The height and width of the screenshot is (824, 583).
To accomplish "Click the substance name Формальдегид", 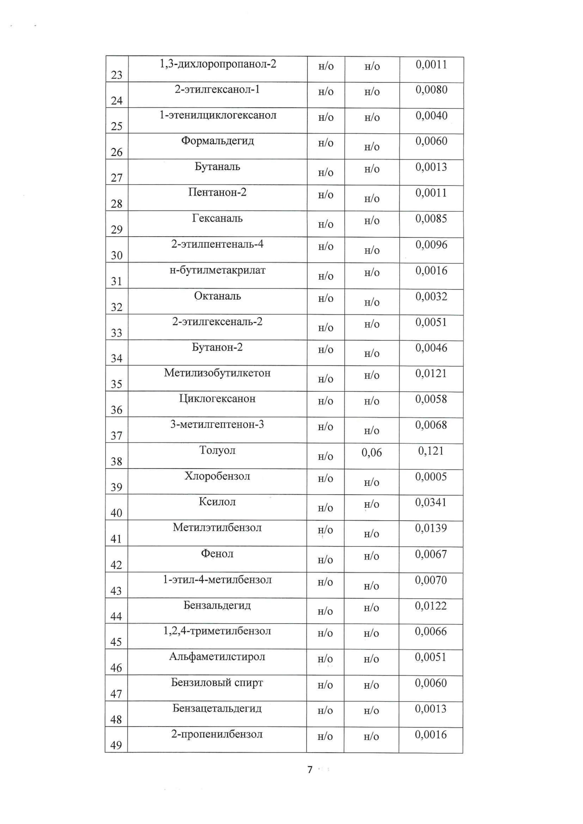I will tap(217, 141).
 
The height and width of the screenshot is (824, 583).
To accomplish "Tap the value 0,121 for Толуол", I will tap(431, 451).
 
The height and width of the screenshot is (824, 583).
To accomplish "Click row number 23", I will tap(117, 75).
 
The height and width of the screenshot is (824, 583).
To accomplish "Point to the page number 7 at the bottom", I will tap(310, 769).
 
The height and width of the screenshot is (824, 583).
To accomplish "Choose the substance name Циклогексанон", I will tap(217, 399).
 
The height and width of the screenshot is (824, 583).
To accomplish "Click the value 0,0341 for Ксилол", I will tap(431, 502).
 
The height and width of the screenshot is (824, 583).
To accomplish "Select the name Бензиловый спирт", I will tap(217, 682).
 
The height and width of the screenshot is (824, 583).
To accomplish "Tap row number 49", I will tap(116, 745).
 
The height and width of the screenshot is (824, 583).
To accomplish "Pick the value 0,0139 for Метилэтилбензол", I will tap(431, 528).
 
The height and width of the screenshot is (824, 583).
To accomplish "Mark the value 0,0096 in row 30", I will tap(431, 245).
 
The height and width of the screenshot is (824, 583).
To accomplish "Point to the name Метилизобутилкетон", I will tap(217, 373).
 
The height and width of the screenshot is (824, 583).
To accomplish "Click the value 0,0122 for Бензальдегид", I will tap(431, 606).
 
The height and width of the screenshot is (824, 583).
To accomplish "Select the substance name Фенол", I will tap(217, 554).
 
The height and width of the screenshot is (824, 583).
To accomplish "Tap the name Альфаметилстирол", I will tap(217, 657).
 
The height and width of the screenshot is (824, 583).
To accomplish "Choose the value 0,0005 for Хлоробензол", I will tap(431, 477).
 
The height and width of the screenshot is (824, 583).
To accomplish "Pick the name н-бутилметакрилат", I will tap(217, 270).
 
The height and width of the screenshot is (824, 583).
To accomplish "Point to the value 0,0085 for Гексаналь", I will tap(431, 218).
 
